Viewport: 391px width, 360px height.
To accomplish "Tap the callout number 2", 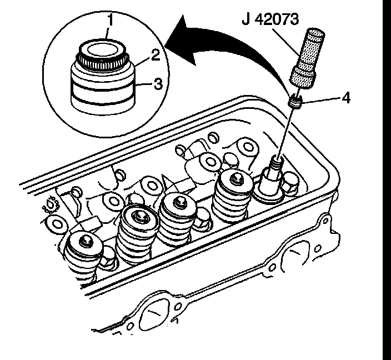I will coord(156,54).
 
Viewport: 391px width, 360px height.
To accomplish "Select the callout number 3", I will coord(158,84).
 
